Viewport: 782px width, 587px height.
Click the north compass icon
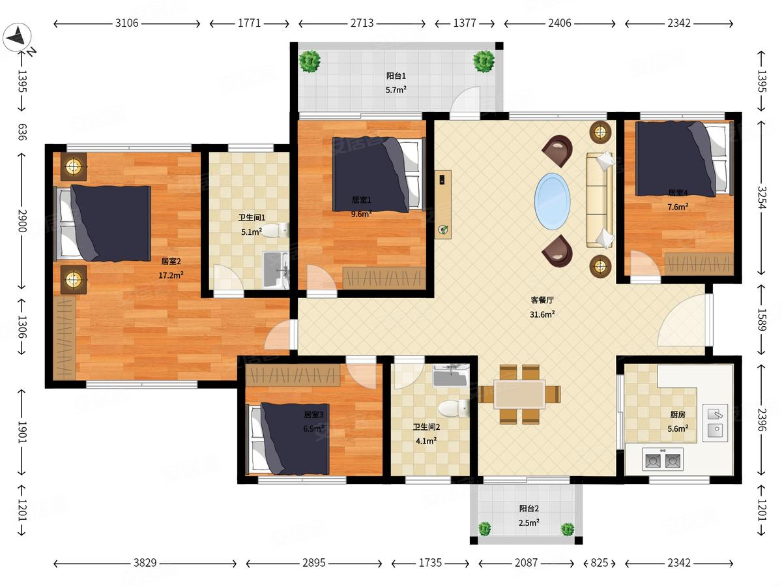tap(17, 37)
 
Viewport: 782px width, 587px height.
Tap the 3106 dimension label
tap(126, 23)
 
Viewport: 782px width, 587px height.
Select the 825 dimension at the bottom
tap(600, 563)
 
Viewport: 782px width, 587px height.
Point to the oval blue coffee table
tap(552, 202)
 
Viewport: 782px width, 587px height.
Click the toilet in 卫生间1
tap(276, 230)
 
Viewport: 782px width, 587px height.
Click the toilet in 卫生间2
tap(454, 408)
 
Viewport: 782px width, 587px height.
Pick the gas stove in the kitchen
tap(663, 459)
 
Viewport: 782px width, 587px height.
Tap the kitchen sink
tap(715, 423)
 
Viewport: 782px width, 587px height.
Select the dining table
tap(519, 394)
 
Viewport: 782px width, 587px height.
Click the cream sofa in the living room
tap(600, 200)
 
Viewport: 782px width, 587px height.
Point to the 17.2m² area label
tap(171, 275)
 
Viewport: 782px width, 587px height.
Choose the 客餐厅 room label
tap(542, 300)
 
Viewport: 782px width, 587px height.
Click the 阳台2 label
tap(529, 509)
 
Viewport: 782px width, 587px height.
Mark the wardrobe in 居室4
tap(699, 264)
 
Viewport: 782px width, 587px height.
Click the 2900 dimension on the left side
tap(22, 221)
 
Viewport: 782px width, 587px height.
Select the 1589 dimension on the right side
tap(761, 320)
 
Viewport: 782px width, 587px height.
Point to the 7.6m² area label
tap(678, 207)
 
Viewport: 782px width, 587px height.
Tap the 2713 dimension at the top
tap(362, 23)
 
